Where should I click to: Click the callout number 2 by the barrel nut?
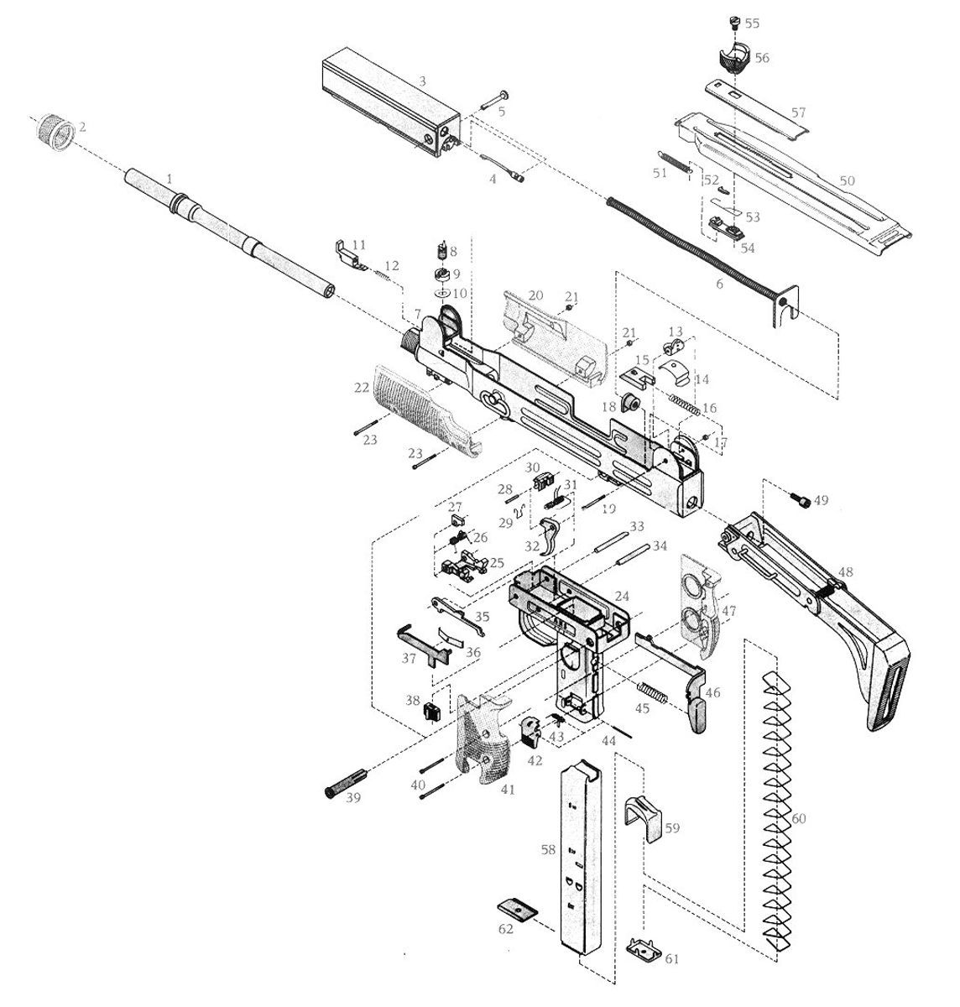point(82,128)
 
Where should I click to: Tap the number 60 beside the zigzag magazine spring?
point(798,818)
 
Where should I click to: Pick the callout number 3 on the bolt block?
point(423,81)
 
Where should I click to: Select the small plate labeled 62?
point(516,909)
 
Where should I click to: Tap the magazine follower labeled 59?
point(642,812)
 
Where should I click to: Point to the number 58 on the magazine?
point(548,850)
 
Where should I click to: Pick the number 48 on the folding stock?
point(845,572)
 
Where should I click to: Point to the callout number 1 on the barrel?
point(169,179)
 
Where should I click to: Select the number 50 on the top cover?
point(847,181)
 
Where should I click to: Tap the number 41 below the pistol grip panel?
point(507,790)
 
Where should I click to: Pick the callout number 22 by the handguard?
point(362,388)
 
